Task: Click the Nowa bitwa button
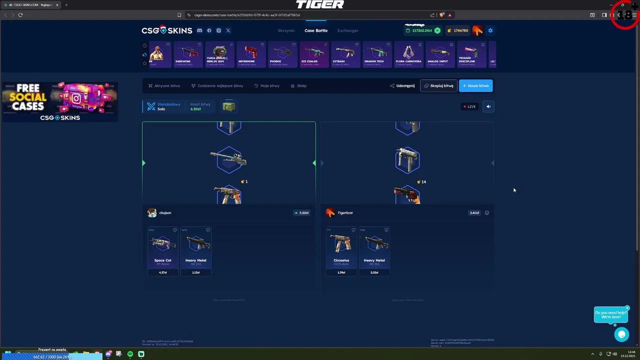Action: pyautogui.click(x=475, y=85)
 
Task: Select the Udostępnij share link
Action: pyautogui.click(x=402, y=85)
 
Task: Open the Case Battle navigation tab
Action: pyautogui.click(x=316, y=30)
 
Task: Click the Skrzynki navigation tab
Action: pyautogui.click(x=286, y=30)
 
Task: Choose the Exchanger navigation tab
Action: pyautogui.click(x=348, y=30)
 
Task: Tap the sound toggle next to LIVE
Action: pyautogui.click(x=488, y=106)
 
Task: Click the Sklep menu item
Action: pyautogui.click(x=299, y=85)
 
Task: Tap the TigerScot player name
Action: pyautogui.click(x=345, y=213)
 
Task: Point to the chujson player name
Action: pyautogui.click(x=165, y=213)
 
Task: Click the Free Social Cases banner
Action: pyautogui.click(x=60, y=101)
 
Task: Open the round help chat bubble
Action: pyautogui.click(x=621, y=334)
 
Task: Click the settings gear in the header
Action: pyautogui.click(x=490, y=30)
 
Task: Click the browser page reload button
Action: pyautogui.click(x=20, y=15)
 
